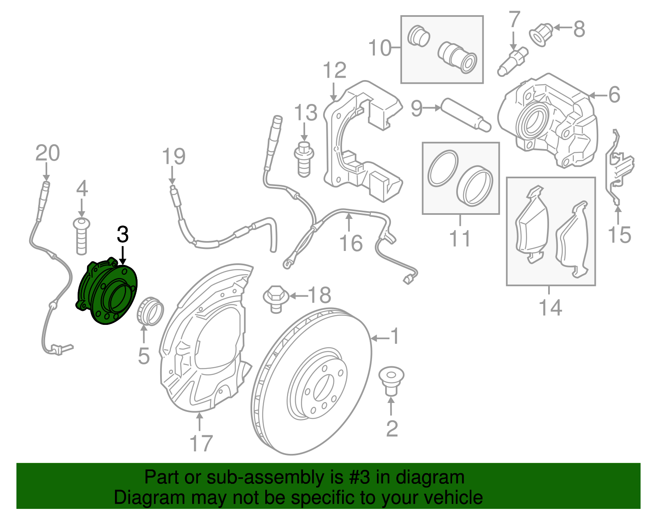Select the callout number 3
point(123,235)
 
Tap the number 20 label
point(48,154)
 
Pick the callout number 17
point(201,444)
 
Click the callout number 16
point(351,243)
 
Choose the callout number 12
point(335,71)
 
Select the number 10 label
point(380,48)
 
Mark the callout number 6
point(614,95)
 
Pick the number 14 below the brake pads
point(550,307)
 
